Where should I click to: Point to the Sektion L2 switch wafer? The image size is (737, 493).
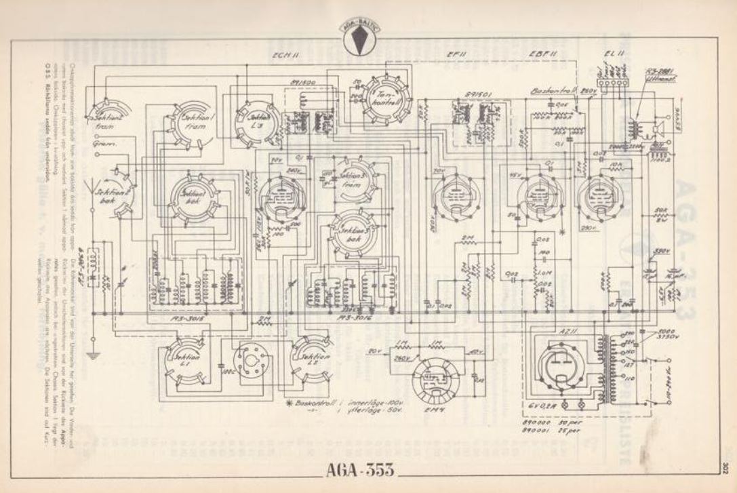(x=313, y=357)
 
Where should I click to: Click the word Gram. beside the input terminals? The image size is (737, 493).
(x=99, y=144)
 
